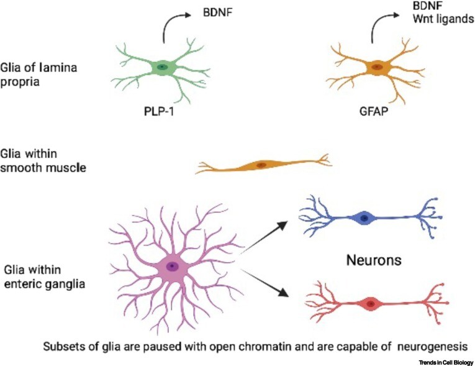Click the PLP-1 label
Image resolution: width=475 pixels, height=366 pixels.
(162, 114)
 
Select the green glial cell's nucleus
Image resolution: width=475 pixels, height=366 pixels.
(162, 66)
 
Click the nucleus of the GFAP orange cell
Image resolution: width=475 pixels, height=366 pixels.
(376, 66)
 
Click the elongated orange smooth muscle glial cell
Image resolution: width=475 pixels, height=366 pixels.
(261, 165)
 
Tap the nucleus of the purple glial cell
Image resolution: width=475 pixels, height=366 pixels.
(172, 267)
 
